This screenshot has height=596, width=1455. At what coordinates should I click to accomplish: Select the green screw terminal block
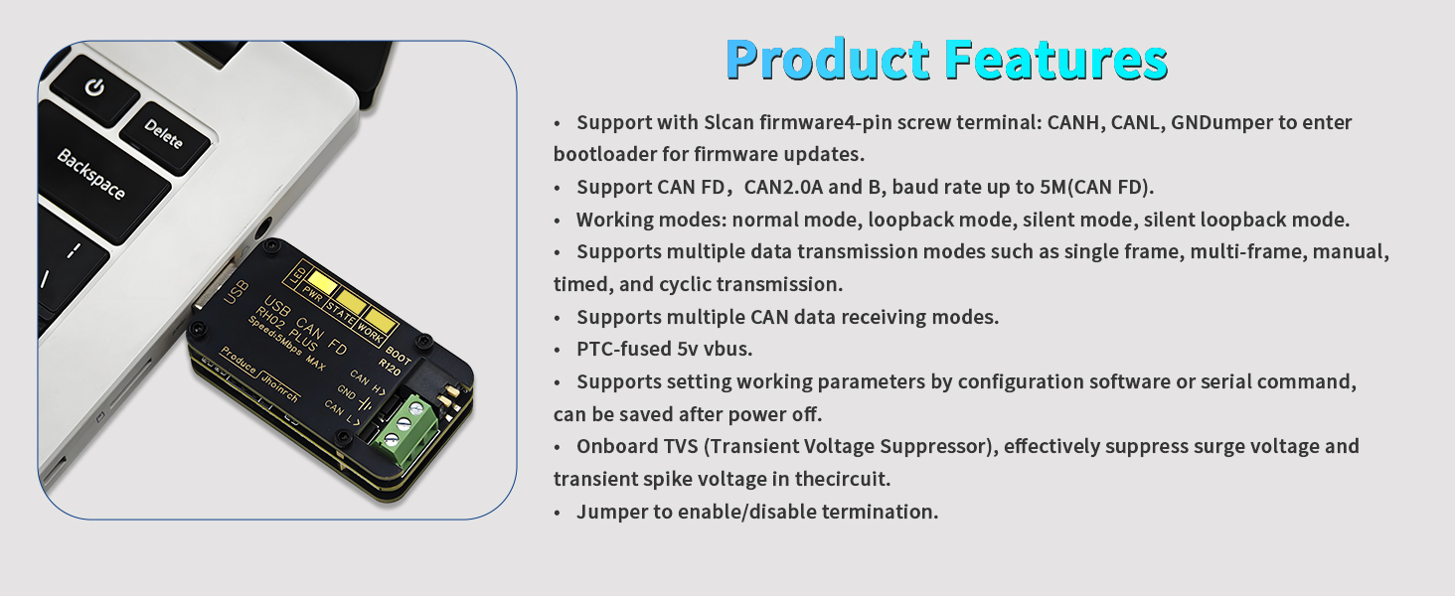[404, 425]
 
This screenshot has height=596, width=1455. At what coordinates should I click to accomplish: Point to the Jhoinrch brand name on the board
[280, 387]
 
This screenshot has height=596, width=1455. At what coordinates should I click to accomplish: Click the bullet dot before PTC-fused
[557, 351]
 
